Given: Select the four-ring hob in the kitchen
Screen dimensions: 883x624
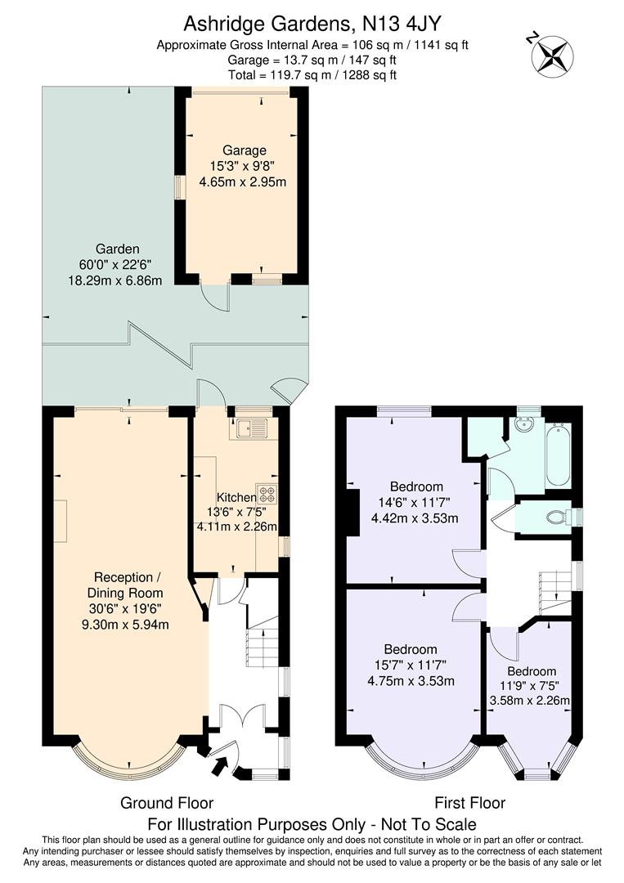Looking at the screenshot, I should pyautogui.click(x=267, y=494).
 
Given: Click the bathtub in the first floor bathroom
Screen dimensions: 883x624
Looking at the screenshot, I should pyautogui.click(x=559, y=455).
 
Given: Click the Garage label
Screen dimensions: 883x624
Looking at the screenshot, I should pyautogui.click(x=245, y=150).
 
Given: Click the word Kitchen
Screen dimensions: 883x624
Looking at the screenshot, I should pyautogui.click(x=236, y=497).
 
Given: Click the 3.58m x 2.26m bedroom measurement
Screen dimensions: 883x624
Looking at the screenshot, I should pyautogui.click(x=529, y=700).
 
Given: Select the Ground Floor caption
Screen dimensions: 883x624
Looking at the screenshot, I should pyautogui.click(x=167, y=803).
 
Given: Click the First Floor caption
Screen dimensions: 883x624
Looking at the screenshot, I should pyautogui.click(x=469, y=803).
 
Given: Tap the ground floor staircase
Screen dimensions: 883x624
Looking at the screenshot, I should pyautogui.click(x=263, y=646).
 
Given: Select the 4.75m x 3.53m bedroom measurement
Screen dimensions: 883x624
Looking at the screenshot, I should pyautogui.click(x=412, y=680).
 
